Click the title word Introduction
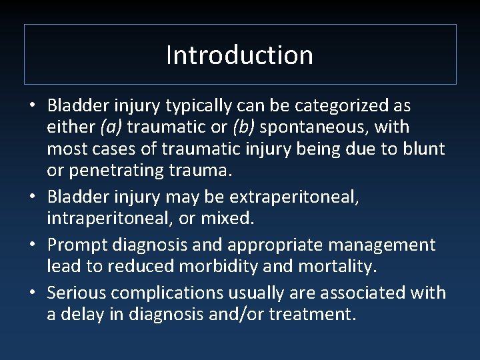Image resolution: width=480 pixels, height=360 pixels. tap(239, 55)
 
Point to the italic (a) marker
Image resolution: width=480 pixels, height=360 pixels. tap(111, 127)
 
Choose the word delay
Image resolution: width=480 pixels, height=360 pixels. tap(83, 313)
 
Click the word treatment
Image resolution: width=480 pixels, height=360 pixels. tap(312, 313)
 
